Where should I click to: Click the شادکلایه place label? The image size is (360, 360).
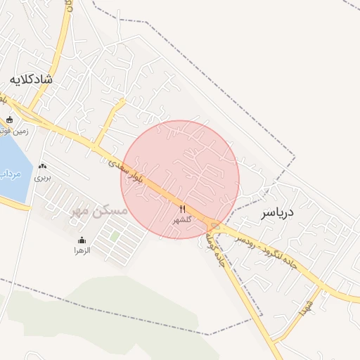coord(30,79)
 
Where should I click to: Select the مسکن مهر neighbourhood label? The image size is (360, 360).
coord(99,211)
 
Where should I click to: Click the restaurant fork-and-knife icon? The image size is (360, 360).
coord(182,209)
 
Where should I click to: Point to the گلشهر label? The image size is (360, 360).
coord(182,220)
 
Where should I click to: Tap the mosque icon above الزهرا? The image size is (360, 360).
coord(82,240)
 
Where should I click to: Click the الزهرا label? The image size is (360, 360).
coord(82,250)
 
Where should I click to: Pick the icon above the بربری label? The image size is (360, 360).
coord(44,167)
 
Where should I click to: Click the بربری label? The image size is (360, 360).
coord(44,178)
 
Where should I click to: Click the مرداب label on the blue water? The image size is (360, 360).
coord(9,173)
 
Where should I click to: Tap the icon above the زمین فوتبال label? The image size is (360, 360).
coord(9,119)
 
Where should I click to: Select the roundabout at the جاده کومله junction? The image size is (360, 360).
coord(214,227)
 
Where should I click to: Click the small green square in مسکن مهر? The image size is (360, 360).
coord(115,237)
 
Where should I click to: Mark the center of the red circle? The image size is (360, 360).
coord(180,179)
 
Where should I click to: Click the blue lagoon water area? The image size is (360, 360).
coord(14,158)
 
